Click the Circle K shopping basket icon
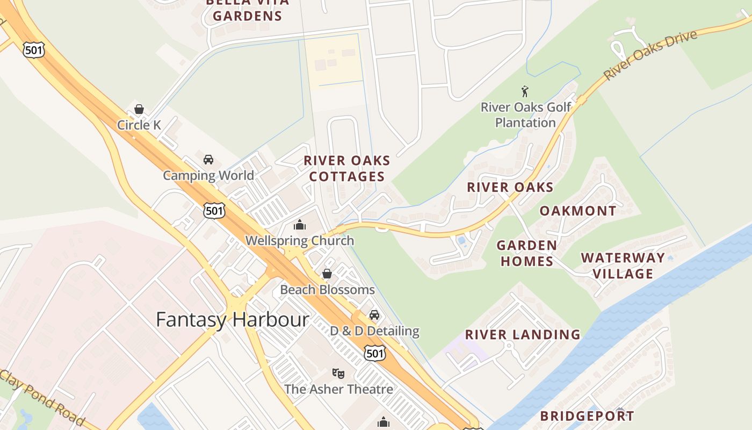(139, 110)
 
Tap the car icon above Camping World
(208, 160)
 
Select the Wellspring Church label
(300, 241)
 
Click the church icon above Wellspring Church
(300, 225)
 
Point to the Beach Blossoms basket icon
(327, 274)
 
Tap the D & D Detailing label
(374, 331)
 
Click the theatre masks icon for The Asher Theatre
(338, 373)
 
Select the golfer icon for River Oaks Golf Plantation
(525, 92)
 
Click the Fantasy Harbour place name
(233, 320)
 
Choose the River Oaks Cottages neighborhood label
(346, 168)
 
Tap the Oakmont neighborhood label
(578, 211)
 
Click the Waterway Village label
(623, 266)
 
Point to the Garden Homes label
(526, 253)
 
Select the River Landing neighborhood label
(523, 334)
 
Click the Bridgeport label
(587, 416)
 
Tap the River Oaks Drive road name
(650, 55)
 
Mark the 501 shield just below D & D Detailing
(374, 353)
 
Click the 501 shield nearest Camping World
(214, 210)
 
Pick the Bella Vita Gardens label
(247, 10)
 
